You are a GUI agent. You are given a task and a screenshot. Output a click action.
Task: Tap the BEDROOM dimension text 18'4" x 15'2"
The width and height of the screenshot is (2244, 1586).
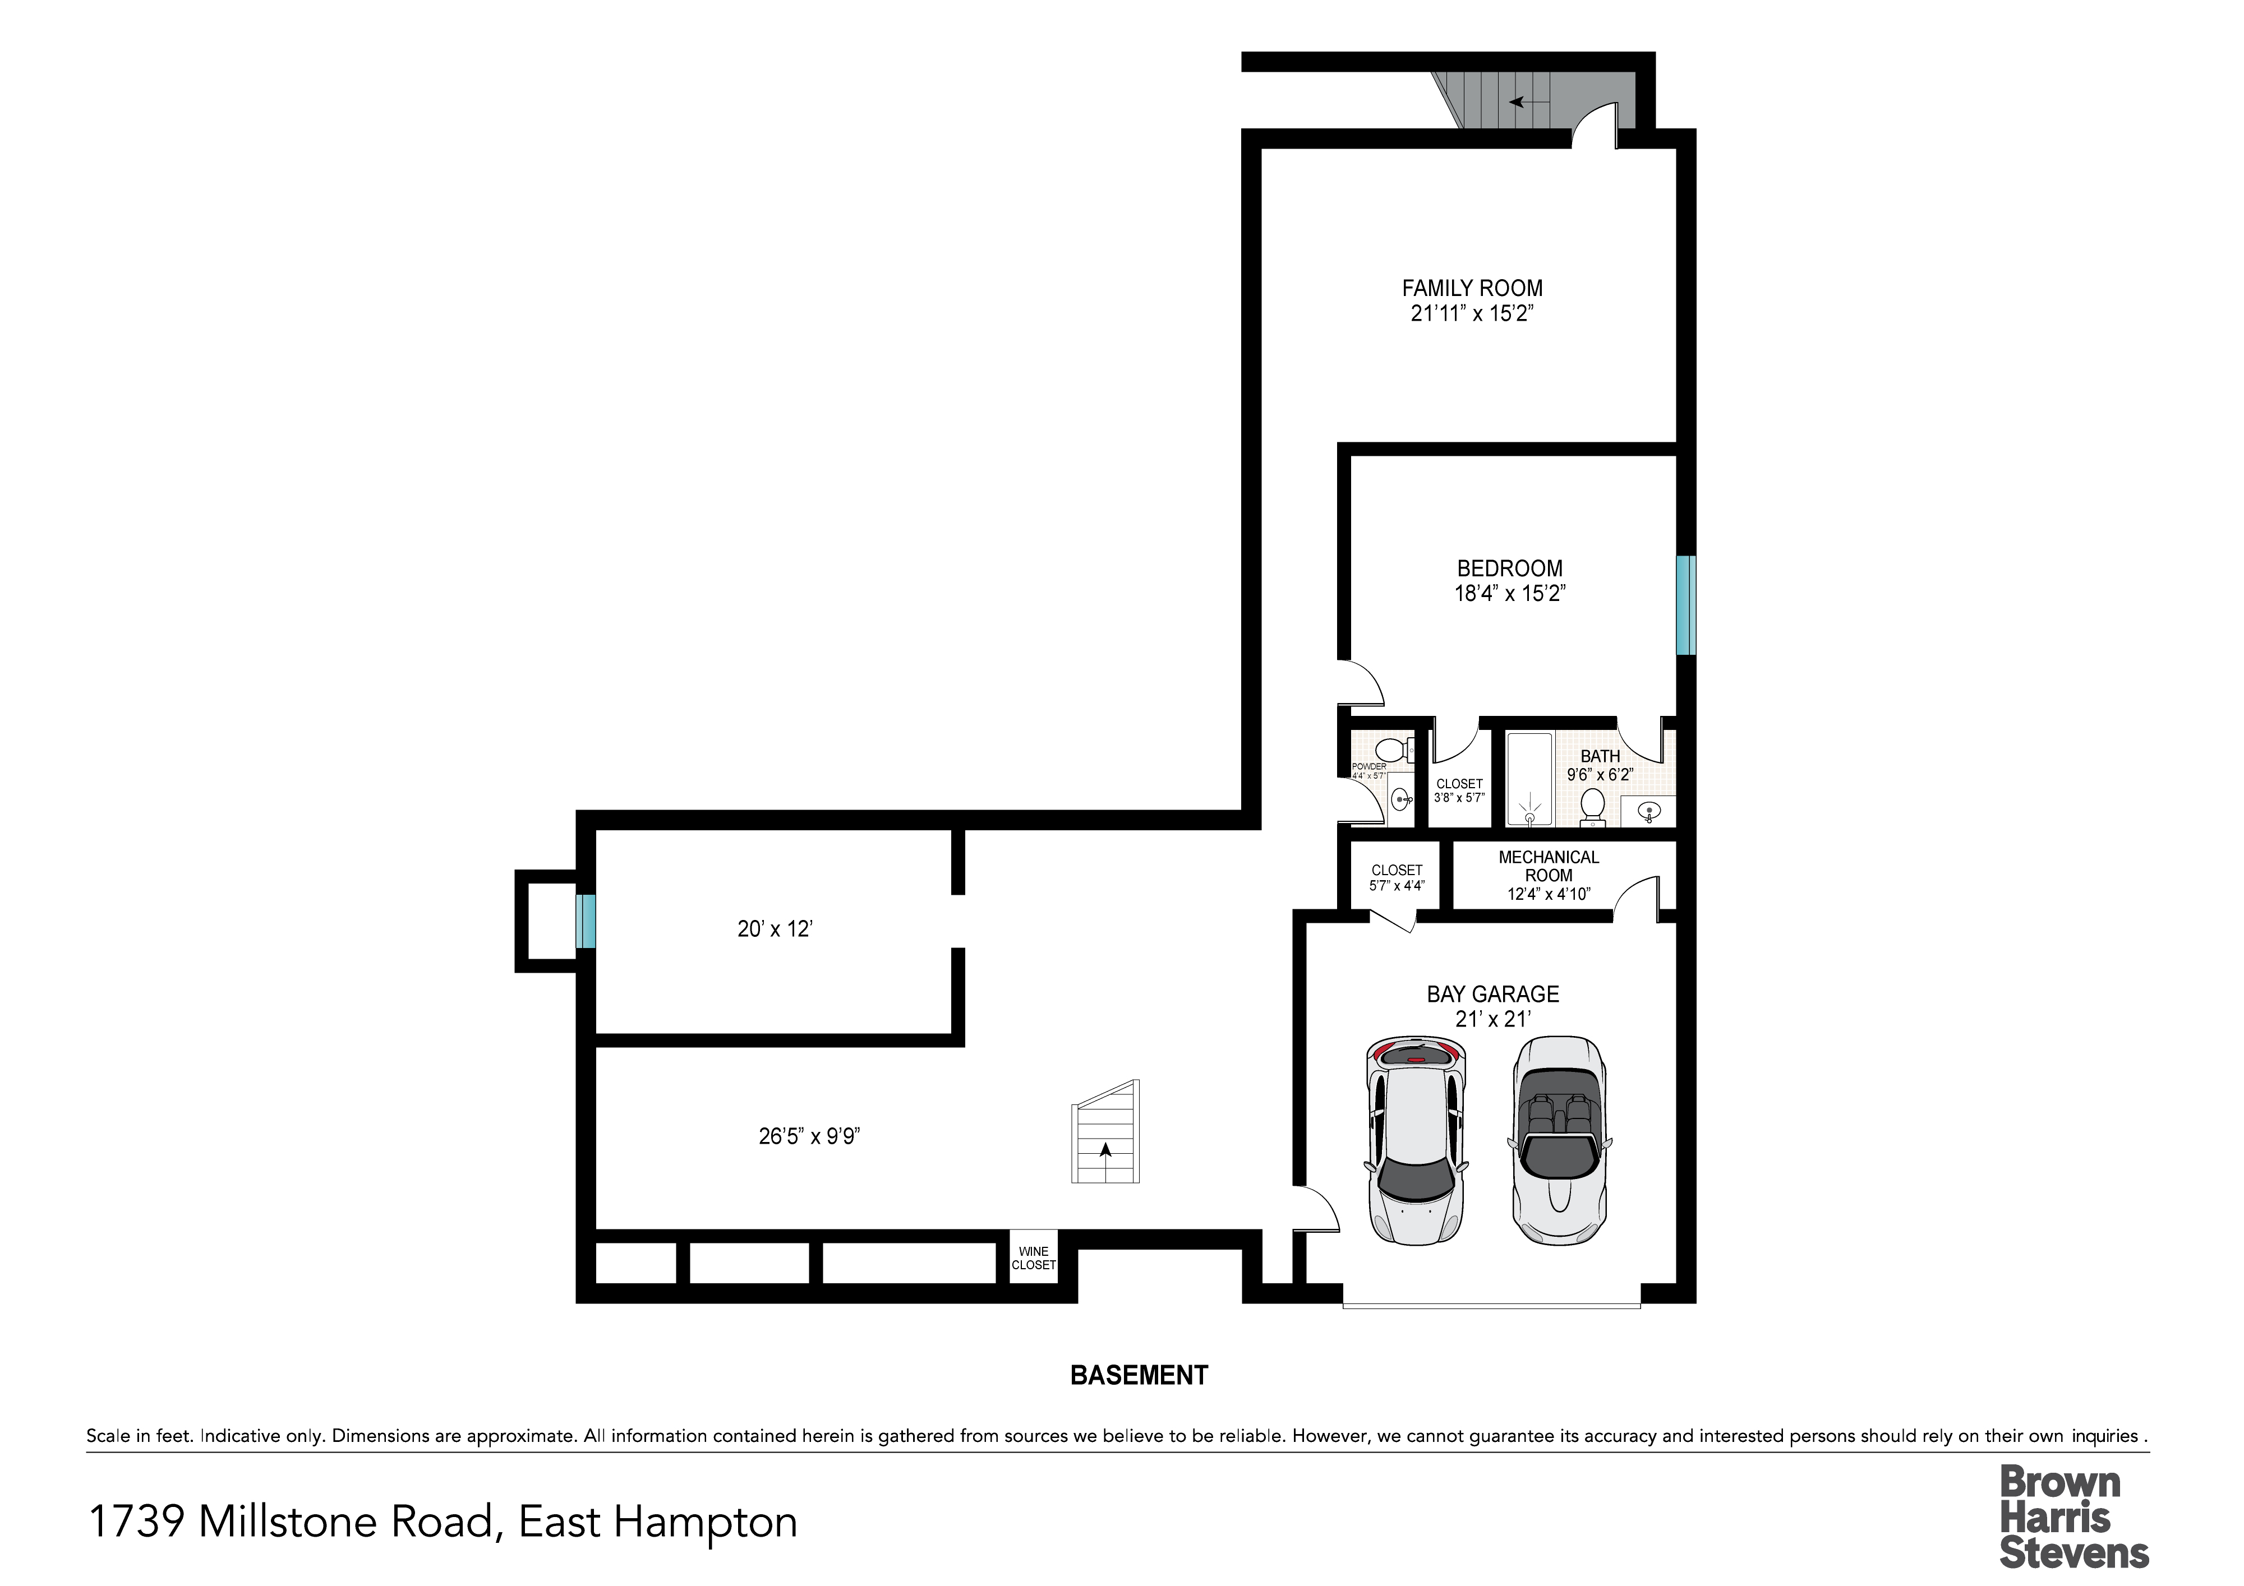pyautogui.click(x=1510, y=593)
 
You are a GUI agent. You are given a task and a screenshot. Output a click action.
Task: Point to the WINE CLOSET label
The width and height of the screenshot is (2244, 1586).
pyautogui.click(x=1033, y=1257)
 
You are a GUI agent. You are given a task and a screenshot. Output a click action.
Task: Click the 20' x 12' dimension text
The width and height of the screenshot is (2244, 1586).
pyautogui.click(x=775, y=930)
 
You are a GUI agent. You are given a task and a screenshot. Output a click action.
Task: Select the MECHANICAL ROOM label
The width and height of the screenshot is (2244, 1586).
pyautogui.click(x=1549, y=866)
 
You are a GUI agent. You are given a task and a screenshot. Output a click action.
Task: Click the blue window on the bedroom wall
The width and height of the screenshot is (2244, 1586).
pyautogui.click(x=1686, y=605)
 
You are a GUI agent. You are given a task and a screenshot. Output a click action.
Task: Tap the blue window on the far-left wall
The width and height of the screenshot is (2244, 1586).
pyautogui.click(x=586, y=922)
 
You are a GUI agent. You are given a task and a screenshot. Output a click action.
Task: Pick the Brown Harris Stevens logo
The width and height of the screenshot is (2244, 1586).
pyautogui.click(x=2074, y=1516)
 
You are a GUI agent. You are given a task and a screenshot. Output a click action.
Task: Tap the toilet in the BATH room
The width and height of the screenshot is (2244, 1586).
pyautogui.click(x=1593, y=805)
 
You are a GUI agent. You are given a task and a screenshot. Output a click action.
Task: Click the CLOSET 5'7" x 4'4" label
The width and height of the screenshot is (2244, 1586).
pyautogui.click(x=1397, y=877)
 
